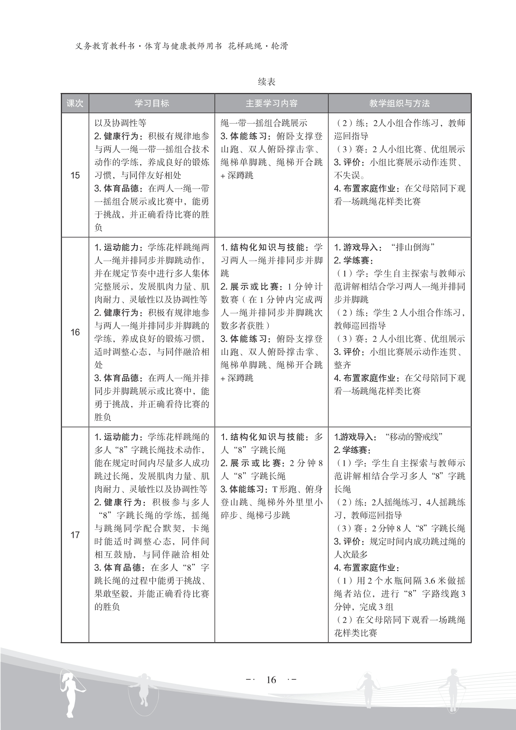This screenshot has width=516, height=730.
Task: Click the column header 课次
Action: [x=75, y=103]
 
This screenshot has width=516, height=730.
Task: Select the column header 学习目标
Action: [x=151, y=103]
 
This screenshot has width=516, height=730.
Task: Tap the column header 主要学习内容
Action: [x=271, y=103]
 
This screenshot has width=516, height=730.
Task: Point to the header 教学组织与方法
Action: [x=399, y=103]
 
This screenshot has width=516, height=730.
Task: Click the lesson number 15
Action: [x=75, y=175]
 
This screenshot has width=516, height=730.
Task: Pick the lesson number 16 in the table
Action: [x=75, y=332]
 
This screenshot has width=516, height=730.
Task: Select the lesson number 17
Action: [x=75, y=535]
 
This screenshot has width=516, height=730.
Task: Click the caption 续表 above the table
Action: [x=267, y=82]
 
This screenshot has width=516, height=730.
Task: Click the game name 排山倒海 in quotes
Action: [x=412, y=247]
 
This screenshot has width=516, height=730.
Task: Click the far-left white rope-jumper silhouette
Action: [x=71, y=693]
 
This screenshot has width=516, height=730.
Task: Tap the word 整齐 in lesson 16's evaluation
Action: [x=342, y=365]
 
